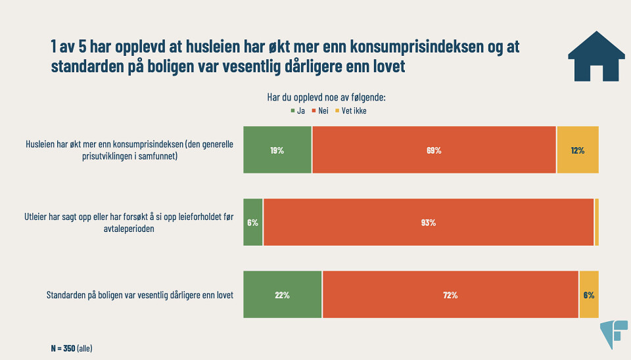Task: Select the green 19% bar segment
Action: click(x=277, y=150)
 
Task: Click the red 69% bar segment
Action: click(x=434, y=150)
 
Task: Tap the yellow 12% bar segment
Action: click(x=578, y=150)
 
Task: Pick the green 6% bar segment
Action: click(x=253, y=222)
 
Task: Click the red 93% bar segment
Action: click(x=429, y=222)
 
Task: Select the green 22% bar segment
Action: click(x=283, y=294)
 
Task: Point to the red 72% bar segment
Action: click(x=450, y=294)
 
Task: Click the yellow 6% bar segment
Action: click(x=589, y=294)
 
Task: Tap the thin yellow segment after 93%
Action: click(x=596, y=222)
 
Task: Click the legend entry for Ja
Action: click(x=297, y=111)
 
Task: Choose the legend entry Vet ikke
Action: click(x=351, y=111)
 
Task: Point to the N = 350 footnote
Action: click(x=72, y=348)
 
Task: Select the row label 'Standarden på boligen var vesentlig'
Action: click(x=141, y=295)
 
